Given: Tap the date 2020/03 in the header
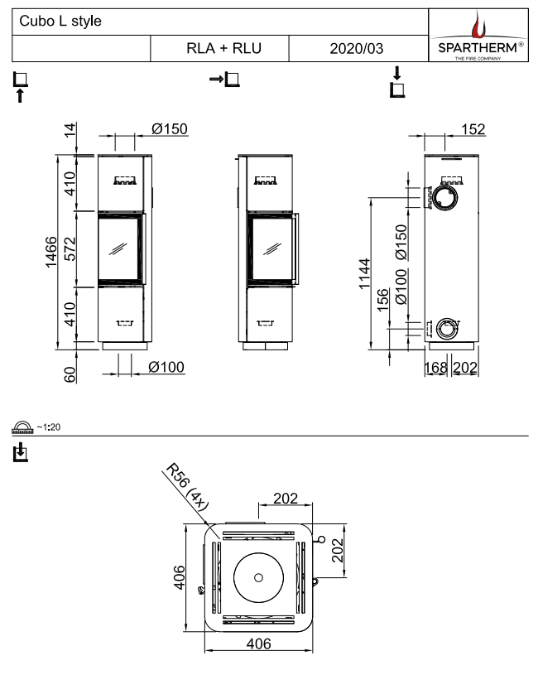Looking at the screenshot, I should tap(356, 49).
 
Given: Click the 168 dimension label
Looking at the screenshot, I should tap(436, 367).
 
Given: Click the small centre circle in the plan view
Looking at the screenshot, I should tap(259, 577).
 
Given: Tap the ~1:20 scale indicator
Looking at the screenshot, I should tap(35, 427).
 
